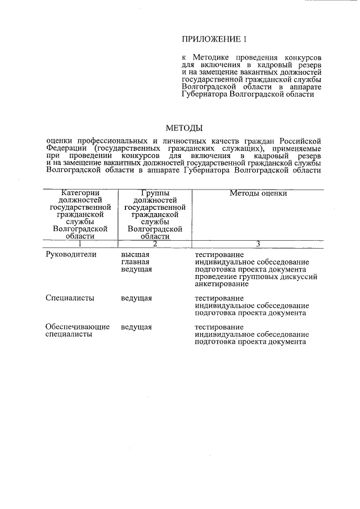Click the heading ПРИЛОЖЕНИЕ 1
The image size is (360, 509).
(214, 39)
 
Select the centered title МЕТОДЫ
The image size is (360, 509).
(183, 128)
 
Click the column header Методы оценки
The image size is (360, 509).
(258, 193)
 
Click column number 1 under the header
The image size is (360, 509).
(80, 244)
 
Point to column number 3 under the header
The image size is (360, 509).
(258, 244)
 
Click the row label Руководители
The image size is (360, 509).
(71, 254)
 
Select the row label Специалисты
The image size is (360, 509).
(70, 298)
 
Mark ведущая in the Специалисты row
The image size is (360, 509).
(136, 298)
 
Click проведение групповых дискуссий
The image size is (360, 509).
(256, 276)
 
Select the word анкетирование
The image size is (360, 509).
(222, 283)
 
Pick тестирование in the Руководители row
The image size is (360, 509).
(219, 254)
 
